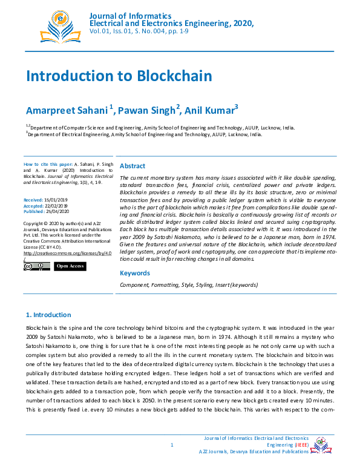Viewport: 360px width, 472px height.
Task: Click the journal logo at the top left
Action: pyautogui.click(x=60, y=25)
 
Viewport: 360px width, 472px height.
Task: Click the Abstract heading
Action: pyautogui.click(x=133, y=166)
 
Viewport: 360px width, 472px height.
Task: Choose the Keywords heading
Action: pyautogui.click(x=135, y=273)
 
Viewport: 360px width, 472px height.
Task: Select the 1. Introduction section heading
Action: pyautogui.click(x=48, y=315)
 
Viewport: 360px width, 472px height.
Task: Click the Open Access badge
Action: pyautogui.click(x=70, y=266)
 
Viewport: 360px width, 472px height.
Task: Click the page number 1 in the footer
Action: pyautogui.click(x=172, y=445)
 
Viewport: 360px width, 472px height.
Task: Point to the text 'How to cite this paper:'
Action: pyautogui.click(x=48, y=165)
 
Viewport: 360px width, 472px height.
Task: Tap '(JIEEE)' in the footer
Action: pyautogui.click(x=298, y=445)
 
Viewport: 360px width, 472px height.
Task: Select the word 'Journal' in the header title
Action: pyautogui.click(x=102, y=15)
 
